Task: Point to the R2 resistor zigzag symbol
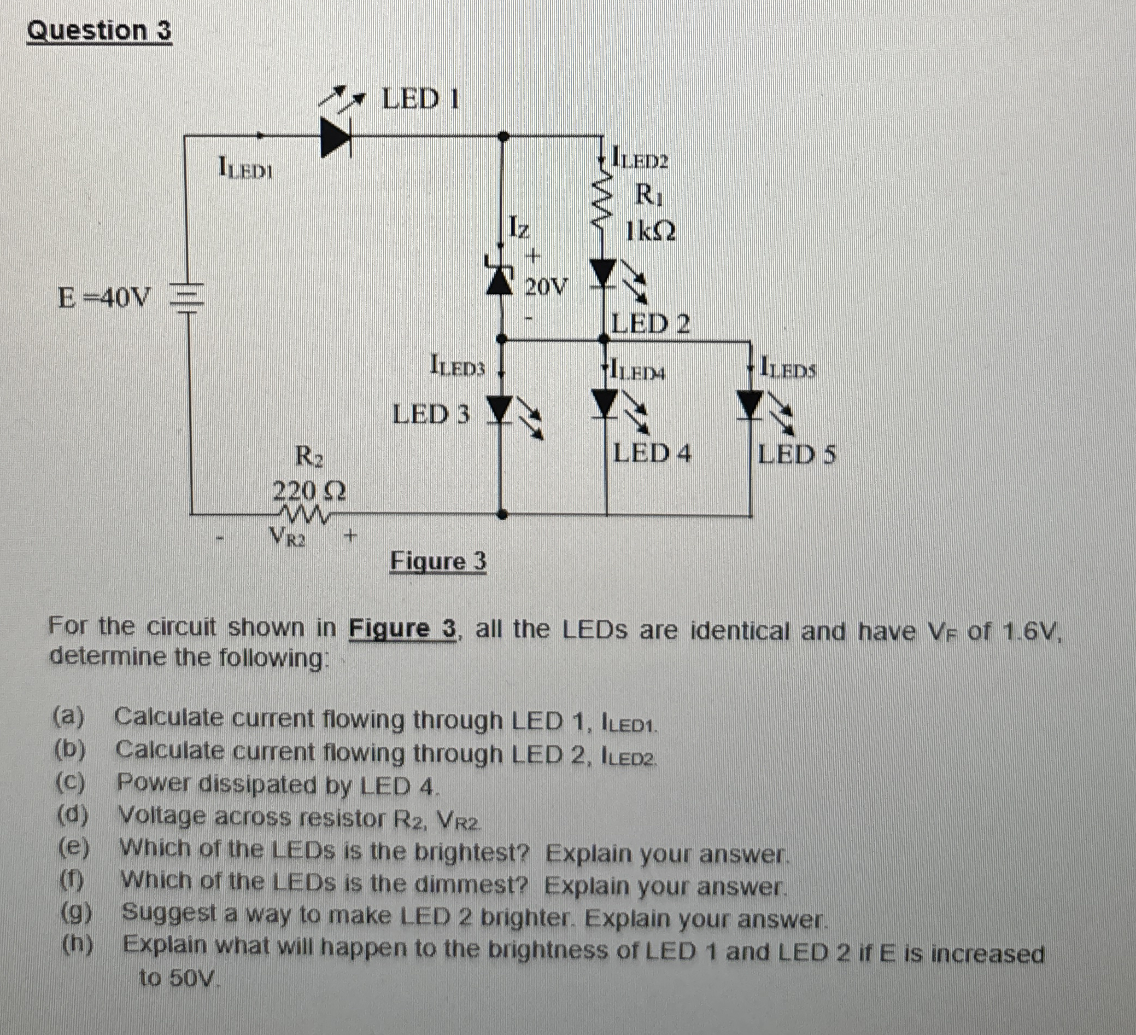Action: click(305, 514)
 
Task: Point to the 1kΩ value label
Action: click(650, 230)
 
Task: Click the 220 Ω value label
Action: click(309, 492)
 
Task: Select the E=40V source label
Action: click(104, 297)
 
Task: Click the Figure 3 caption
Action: click(438, 561)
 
